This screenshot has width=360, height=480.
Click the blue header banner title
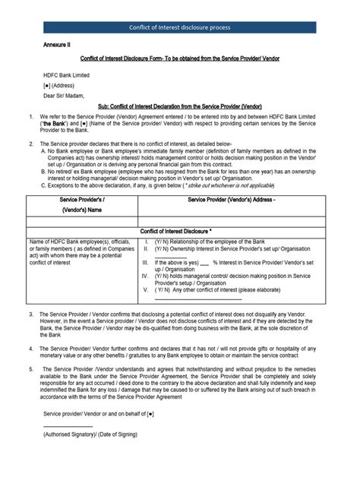(180, 28)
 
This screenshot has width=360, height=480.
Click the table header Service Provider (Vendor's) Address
(238, 198)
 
